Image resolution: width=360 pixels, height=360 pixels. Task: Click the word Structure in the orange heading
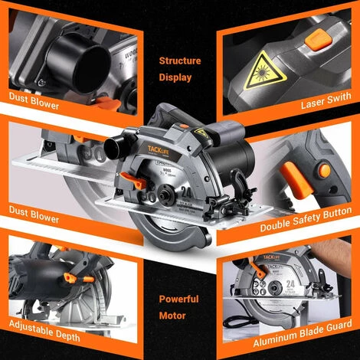180,61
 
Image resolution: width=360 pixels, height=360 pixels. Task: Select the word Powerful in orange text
179,299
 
